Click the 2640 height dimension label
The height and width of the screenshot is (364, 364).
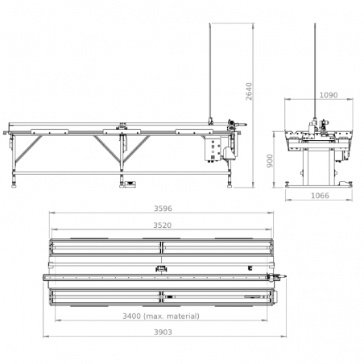pyautogui.click(x=250, y=92)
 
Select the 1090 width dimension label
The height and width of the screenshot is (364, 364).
pyautogui.click(x=329, y=95)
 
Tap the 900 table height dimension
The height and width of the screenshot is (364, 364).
pyautogui.click(x=270, y=161)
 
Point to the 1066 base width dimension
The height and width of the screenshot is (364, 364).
pyautogui.click(x=320, y=196)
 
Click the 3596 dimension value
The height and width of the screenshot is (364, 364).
pyautogui.click(x=163, y=209)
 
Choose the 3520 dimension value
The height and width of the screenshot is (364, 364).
pyautogui.click(x=163, y=225)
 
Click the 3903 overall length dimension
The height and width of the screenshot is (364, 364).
pyautogui.click(x=163, y=332)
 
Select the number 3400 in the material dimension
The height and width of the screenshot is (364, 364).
pyautogui.click(x=131, y=316)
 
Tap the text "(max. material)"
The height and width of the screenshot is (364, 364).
pyautogui.click(x=172, y=316)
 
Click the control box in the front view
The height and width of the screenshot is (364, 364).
pyautogui.click(x=213, y=150)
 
